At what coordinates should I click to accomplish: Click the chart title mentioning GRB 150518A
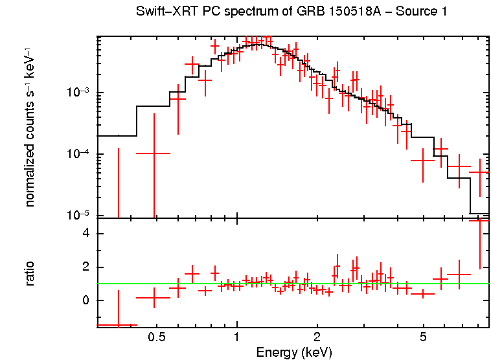pos(291,12)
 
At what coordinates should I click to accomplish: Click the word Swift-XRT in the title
pos(165,12)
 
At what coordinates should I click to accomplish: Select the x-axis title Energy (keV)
pos(294,352)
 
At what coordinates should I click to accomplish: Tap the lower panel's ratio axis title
pos(30,274)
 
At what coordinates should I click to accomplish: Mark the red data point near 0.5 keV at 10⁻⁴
pos(154,153)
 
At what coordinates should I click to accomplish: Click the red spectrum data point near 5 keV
pos(422,160)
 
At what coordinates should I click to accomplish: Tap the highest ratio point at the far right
pos(479,221)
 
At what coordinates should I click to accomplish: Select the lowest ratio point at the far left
pos(118,325)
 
